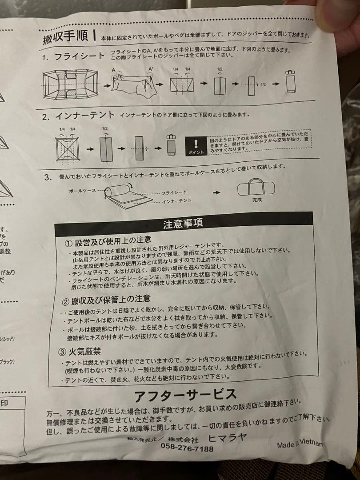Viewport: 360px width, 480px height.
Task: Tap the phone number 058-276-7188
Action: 187,448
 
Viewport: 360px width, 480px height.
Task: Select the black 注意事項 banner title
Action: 183,224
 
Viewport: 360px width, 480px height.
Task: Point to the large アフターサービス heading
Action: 185,395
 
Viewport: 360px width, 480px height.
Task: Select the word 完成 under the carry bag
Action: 257,200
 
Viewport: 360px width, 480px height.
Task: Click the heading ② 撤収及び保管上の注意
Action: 108,299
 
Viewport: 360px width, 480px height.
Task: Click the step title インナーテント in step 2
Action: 86,117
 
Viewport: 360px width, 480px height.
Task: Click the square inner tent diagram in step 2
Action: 67,148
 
